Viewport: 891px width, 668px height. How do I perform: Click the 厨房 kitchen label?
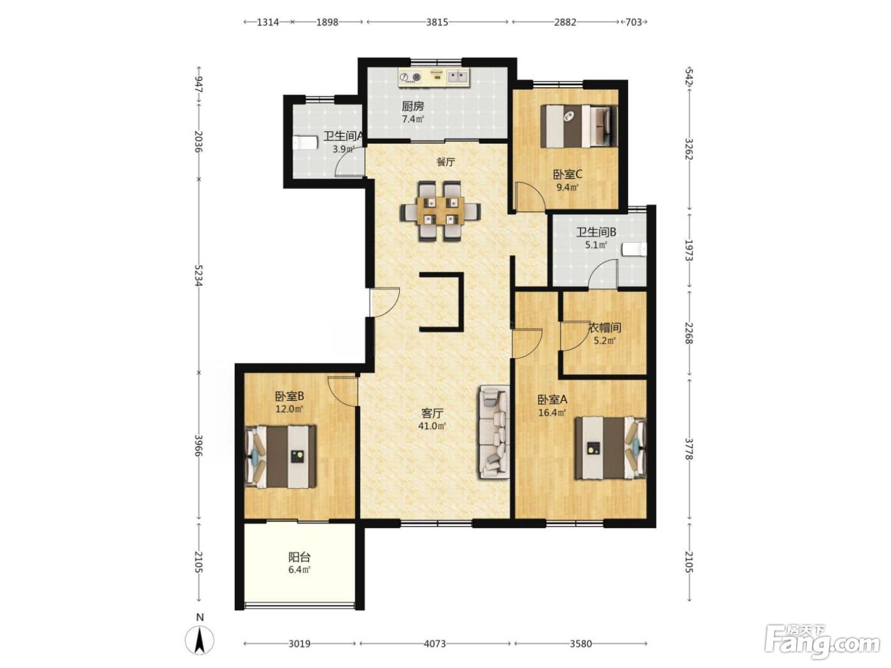(413, 106)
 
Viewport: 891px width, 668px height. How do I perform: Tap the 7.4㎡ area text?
(413, 119)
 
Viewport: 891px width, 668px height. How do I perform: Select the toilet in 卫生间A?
(305, 143)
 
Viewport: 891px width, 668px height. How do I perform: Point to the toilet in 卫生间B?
(635, 249)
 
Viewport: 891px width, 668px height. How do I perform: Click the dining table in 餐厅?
(440, 211)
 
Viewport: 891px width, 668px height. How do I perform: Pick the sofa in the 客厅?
(494, 432)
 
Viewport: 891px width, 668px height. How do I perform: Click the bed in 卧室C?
(579, 126)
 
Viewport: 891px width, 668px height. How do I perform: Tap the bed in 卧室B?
(281, 457)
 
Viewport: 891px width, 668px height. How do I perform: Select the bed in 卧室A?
(610, 448)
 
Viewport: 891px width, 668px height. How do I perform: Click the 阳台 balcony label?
(299, 557)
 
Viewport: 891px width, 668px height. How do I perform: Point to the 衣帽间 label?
(605, 327)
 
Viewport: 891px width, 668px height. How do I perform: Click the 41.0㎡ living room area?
(432, 426)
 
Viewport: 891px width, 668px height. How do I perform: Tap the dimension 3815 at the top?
(437, 22)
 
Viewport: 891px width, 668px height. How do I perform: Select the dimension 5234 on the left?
(199, 275)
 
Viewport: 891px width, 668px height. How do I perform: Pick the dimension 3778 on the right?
(689, 449)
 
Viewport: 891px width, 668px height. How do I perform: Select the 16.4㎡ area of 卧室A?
(552, 413)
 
